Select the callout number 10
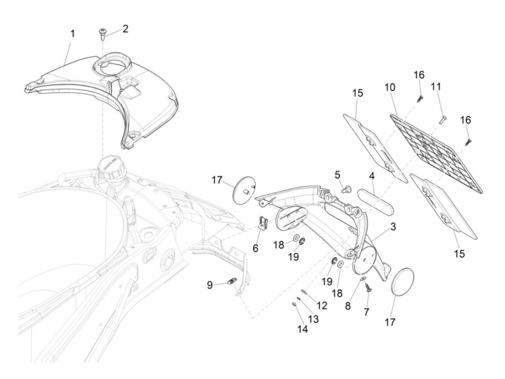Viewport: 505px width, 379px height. tap(390, 88)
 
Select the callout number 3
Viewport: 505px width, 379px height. tap(393, 227)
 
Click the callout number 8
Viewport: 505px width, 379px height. tap(348, 305)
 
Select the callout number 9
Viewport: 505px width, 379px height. tap(210, 286)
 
